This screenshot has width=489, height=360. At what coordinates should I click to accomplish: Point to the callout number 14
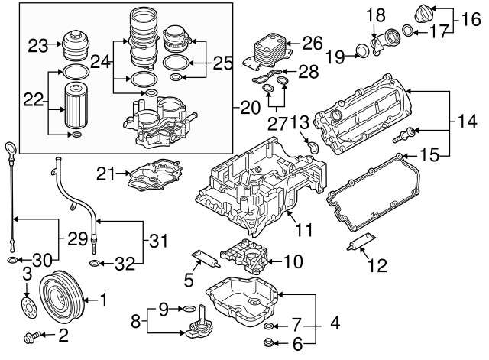(465, 120)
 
